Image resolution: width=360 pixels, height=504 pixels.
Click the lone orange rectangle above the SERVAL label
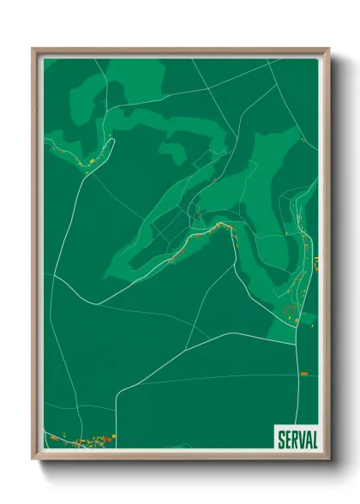click(303, 374)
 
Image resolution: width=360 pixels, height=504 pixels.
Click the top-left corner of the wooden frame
click(33, 49)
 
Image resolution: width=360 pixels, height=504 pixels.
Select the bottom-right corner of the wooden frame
click(330, 459)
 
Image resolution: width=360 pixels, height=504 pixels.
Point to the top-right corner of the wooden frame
click(330, 49)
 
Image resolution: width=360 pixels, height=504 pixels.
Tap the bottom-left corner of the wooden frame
click(33, 459)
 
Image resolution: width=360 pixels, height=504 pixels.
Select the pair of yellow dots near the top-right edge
click(302, 138)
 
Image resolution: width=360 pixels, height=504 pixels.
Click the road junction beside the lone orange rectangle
click(297, 374)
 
